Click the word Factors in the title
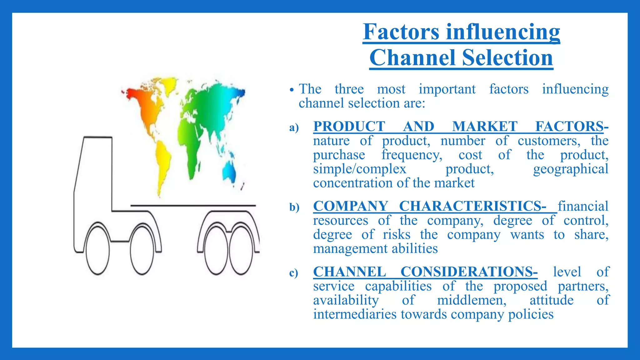pos(401,32)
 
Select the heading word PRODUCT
pos(349,127)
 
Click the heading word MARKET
pos(485,127)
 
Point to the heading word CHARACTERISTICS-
pos(473,206)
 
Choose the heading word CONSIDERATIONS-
pos(469,272)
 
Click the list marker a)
pos(294,127)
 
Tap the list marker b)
pos(294,207)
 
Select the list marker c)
pos(294,273)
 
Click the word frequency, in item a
pos(412,155)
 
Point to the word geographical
pos(571,169)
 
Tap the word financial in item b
pos(583,206)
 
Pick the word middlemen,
pos(472,300)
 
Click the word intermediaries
pos(355,314)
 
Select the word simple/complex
pos(360,169)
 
